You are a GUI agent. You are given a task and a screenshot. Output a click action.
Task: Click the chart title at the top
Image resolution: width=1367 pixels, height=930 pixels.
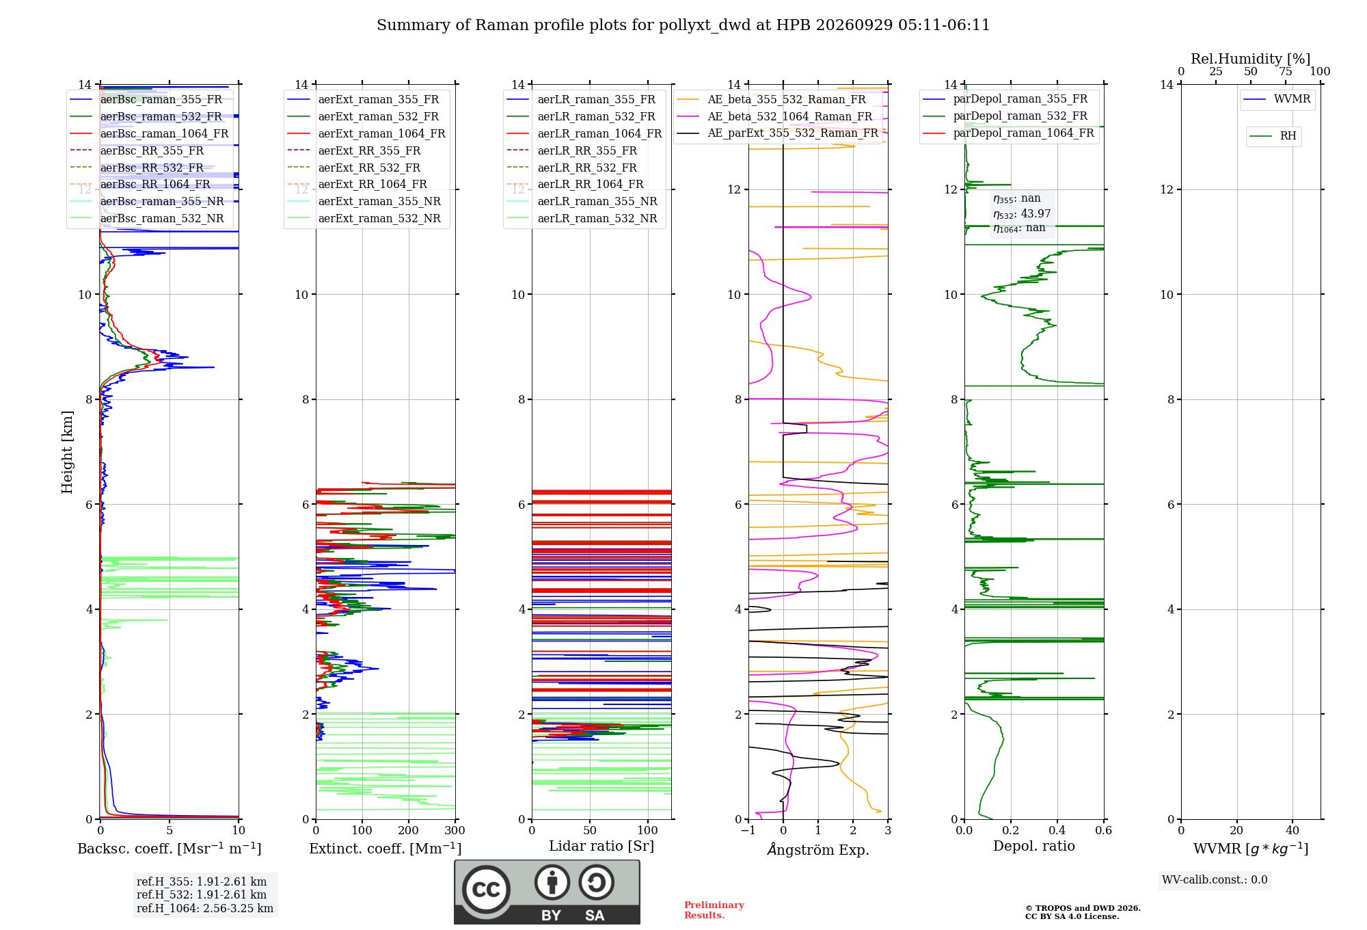pos(683,25)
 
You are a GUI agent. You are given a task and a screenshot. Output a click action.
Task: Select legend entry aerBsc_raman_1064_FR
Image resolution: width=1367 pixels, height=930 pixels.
pos(164,133)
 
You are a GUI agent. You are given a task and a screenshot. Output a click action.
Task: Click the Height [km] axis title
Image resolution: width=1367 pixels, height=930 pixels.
pos(67,452)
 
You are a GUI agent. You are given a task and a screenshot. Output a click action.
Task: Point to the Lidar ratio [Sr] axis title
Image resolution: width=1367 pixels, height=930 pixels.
pos(601,846)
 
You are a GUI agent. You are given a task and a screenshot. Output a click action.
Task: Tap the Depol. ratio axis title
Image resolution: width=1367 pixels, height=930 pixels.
pos(1034,846)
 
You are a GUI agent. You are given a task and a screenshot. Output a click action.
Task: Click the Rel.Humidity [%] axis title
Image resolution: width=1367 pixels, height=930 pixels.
pos(1251,59)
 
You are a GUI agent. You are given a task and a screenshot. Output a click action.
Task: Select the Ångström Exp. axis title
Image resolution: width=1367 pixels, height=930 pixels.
pos(818,849)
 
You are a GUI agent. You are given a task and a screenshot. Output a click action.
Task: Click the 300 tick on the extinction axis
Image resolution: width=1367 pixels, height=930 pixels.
pos(455,830)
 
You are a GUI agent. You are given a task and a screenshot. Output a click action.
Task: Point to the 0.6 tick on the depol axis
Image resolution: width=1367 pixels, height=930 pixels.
pos(1103,830)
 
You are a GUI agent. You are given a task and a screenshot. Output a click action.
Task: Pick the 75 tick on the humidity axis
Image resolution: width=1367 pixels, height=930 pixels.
pos(1285,72)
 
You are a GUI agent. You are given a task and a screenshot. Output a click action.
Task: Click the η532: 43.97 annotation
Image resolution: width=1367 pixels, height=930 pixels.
pos(1022,213)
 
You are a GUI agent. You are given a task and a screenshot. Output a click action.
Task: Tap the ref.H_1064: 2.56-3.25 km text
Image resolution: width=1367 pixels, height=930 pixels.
pos(205,908)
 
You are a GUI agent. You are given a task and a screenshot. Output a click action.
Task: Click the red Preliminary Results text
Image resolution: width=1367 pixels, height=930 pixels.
pos(714,910)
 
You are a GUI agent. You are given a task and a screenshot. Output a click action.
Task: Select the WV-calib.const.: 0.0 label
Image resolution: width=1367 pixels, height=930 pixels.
pos(1215,880)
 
